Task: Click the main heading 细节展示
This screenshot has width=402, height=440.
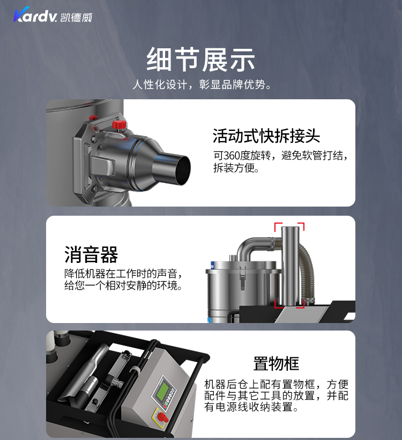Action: point(200,60)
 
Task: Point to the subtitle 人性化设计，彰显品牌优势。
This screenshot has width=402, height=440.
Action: point(202,84)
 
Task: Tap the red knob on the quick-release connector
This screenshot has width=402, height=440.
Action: point(120,124)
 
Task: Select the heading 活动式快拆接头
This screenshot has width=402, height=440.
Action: point(266,136)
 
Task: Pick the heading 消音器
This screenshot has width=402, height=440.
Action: point(91,254)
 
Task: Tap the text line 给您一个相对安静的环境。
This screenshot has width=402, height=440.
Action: point(123,285)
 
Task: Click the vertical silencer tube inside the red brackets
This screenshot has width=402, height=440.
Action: point(290,266)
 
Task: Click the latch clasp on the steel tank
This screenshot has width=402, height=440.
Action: point(242,277)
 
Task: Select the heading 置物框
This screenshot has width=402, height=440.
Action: point(276,363)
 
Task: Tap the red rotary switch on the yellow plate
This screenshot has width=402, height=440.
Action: point(162,417)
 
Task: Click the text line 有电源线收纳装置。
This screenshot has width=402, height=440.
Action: point(251,407)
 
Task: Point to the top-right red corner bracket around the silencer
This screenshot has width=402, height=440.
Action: point(301,226)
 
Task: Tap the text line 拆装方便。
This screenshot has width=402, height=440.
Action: point(236,167)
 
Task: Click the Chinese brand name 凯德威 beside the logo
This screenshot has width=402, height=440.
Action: point(76,17)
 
